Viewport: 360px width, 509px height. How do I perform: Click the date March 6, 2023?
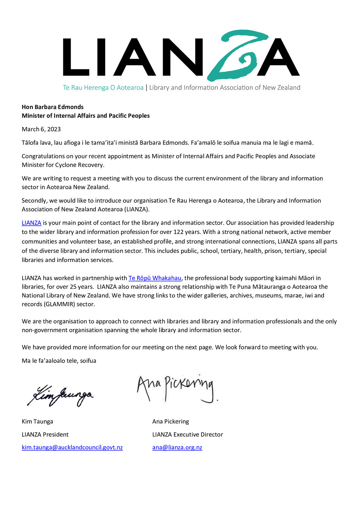(x=41, y=129)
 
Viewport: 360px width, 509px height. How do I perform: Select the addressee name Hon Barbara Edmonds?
(x=53, y=107)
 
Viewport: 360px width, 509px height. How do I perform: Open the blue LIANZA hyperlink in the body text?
(x=31, y=223)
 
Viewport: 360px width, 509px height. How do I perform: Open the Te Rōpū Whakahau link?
(x=155, y=278)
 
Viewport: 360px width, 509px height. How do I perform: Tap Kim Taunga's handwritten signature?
(x=60, y=395)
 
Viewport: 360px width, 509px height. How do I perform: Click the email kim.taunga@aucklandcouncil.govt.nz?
(x=72, y=447)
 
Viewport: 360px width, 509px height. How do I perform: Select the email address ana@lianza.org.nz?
(x=177, y=447)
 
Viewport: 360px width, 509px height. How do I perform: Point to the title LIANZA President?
(x=45, y=434)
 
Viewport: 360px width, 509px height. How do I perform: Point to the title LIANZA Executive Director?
(x=188, y=434)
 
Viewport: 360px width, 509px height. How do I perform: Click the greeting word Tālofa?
(x=30, y=143)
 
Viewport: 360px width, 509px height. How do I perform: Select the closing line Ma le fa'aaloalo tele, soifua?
(x=59, y=361)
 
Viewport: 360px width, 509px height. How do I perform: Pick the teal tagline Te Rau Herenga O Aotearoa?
(x=103, y=87)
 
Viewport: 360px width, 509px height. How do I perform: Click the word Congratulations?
(x=45, y=156)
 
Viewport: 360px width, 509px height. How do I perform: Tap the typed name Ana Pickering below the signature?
(x=171, y=422)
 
